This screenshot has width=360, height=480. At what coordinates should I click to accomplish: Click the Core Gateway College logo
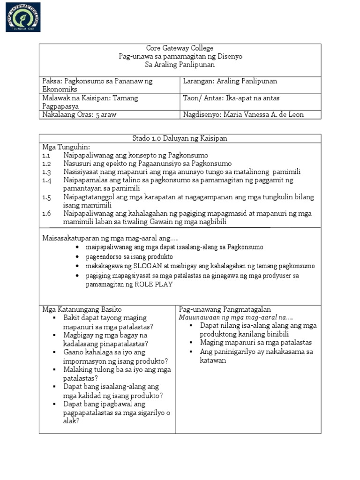(23, 17)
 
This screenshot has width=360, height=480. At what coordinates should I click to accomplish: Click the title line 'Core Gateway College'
(180, 48)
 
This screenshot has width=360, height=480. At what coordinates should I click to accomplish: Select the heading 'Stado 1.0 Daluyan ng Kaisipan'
(180, 138)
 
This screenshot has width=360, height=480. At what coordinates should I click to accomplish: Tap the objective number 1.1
(46, 155)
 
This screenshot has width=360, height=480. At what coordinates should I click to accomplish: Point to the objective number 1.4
(46, 180)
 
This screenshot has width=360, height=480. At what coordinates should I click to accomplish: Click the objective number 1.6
(46, 213)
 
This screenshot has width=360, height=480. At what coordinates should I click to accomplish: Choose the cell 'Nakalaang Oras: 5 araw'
(78, 114)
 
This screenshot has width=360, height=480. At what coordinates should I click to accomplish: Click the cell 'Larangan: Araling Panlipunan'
(230, 81)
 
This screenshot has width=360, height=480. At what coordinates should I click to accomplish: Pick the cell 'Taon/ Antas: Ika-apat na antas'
(232, 98)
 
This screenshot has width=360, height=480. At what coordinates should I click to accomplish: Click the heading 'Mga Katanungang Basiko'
(82, 309)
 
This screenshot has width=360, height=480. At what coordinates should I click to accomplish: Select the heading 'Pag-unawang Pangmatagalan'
(225, 309)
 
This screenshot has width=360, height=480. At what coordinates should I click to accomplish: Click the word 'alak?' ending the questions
(71, 421)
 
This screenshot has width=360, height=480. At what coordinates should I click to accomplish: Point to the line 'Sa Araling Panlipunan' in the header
(180, 65)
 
